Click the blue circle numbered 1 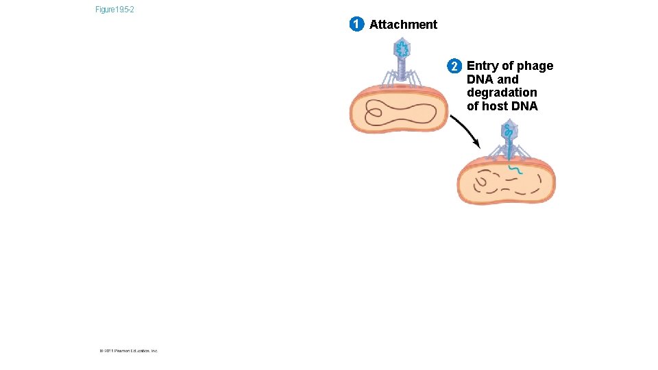356,25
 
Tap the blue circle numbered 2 454,66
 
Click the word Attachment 403,25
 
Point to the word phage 535,66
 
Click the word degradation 502,92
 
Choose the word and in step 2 507,79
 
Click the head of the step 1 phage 401,48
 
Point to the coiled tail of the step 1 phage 401,71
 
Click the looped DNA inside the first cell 401,113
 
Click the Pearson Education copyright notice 128,351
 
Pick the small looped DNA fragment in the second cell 480,182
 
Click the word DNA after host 524,106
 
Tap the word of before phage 508,66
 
